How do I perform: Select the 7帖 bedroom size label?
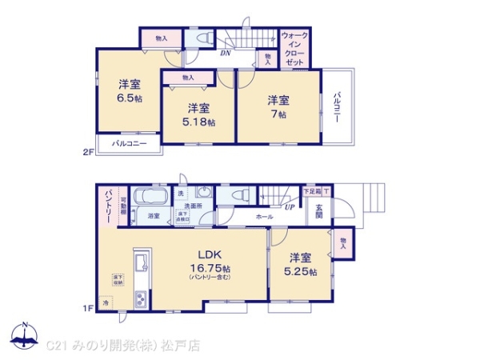click(278, 114)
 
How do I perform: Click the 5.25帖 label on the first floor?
click(300, 271)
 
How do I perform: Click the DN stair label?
click(226, 54)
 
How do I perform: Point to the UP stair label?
click(288, 207)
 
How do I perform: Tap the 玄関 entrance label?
click(318, 210)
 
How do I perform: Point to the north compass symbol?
click(26, 334)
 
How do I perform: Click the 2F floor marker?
click(88, 150)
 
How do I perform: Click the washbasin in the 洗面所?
click(203, 196)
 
